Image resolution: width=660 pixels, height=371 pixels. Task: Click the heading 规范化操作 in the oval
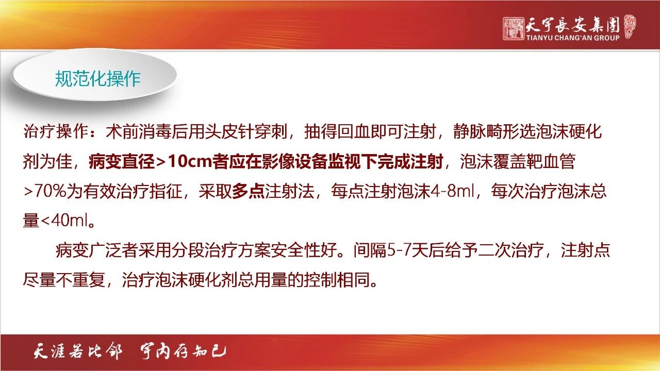(97, 79)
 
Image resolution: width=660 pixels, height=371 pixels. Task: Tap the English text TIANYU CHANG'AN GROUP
(573, 38)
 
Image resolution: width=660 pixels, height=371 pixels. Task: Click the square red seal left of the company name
(514, 28)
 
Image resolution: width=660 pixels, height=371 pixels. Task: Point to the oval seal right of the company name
(630, 27)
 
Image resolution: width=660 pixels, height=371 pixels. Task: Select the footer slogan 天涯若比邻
(77, 351)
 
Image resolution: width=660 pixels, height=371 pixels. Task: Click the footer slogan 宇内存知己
(183, 351)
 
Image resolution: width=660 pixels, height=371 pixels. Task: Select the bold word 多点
(248, 191)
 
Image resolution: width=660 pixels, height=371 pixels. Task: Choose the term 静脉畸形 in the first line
(486, 131)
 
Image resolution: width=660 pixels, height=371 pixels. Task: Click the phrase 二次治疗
(511, 250)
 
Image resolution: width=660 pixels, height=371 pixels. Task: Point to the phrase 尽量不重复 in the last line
(64, 279)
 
